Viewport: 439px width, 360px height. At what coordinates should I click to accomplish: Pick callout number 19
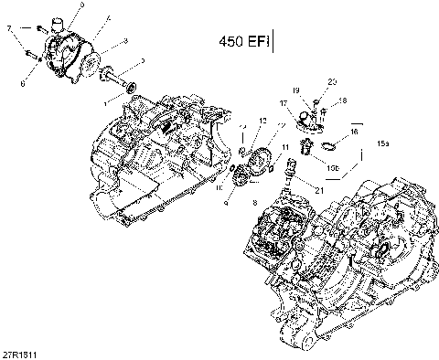[x=296, y=90]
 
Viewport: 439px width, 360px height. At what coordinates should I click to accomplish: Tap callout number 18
[x=343, y=100]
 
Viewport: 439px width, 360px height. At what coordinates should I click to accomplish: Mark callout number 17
[x=283, y=117]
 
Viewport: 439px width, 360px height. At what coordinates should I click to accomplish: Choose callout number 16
[x=353, y=132]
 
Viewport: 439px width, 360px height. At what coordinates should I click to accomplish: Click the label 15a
[x=383, y=144]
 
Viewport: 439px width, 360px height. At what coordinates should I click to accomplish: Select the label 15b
[x=333, y=168]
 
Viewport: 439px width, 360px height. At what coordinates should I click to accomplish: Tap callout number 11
[x=286, y=147]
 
